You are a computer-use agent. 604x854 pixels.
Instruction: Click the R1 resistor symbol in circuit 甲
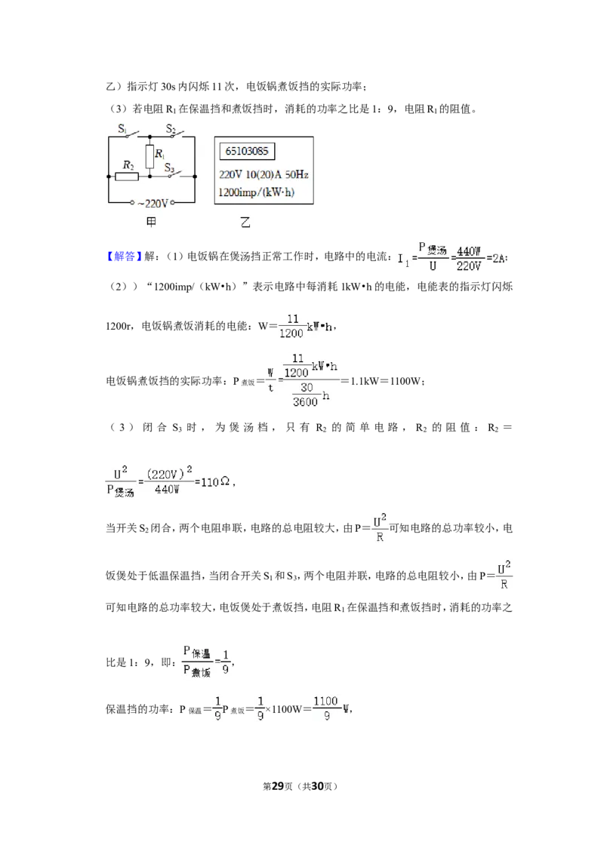point(149,156)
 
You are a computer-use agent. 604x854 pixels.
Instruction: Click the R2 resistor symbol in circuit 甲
point(127,176)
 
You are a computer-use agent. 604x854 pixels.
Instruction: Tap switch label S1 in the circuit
point(122,129)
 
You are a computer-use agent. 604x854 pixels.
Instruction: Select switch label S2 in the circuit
point(171,129)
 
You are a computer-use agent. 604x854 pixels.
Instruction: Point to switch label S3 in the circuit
point(170,167)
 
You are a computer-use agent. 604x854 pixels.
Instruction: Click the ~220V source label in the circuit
point(153,204)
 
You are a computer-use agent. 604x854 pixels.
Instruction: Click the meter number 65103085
point(247,151)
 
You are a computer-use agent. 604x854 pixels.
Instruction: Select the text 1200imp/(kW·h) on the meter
point(256,192)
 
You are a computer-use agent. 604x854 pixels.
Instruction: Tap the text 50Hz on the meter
point(297,174)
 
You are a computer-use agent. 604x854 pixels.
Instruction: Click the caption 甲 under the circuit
point(151,222)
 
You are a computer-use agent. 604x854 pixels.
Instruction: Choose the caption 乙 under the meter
point(245,223)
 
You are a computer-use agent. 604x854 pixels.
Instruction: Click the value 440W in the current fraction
point(469,251)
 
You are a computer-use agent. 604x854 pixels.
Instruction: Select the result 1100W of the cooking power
point(405,381)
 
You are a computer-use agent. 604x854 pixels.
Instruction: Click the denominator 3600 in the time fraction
point(305,402)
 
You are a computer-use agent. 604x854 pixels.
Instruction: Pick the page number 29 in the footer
point(278,786)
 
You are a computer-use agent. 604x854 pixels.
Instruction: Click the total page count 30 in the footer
point(317,786)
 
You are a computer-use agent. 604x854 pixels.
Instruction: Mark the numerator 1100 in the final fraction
point(325,701)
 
